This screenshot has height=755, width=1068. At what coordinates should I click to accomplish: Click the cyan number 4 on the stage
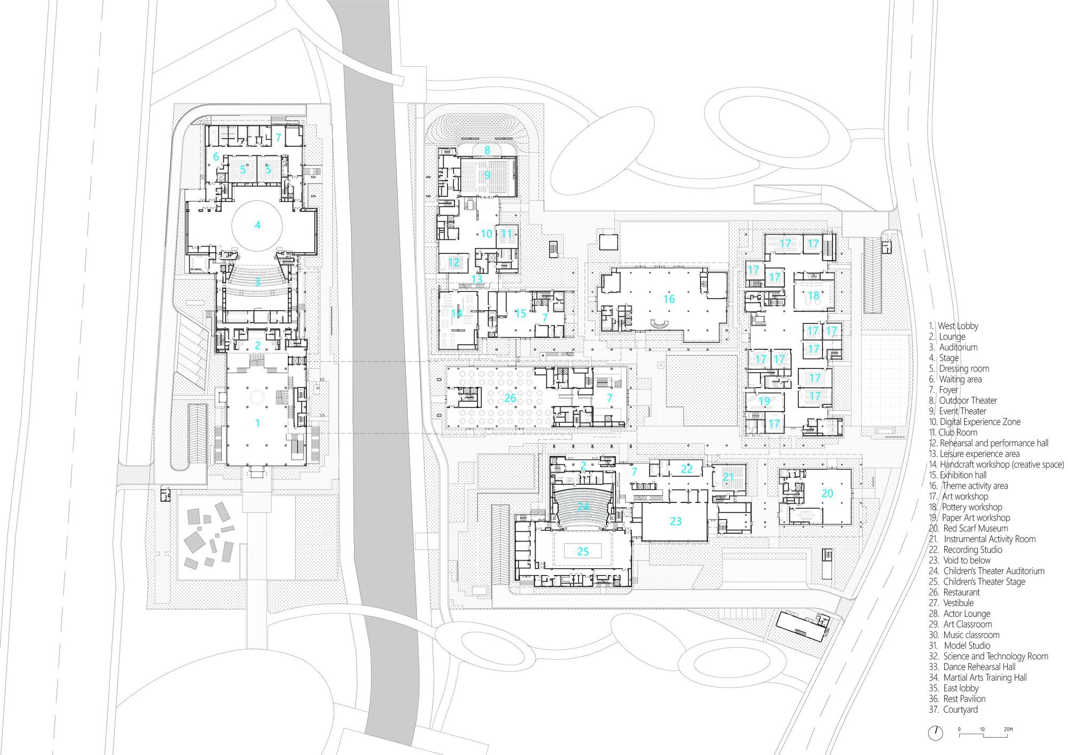coord(257,225)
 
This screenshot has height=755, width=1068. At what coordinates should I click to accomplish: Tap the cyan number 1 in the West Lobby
coord(257,423)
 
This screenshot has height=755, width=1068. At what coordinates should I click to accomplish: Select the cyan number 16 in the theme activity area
coord(669,299)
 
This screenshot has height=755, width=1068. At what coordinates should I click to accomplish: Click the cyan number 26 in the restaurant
coord(510,398)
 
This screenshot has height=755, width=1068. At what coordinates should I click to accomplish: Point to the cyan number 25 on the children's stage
coord(583,551)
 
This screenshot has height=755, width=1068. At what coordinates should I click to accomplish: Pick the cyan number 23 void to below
coord(676,521)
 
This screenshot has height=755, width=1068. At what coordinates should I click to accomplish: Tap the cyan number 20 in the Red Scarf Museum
coord(827,493)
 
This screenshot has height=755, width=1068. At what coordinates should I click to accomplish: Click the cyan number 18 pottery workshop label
coord(813,295)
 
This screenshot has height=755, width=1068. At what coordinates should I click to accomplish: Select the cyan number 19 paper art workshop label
coord(764,401)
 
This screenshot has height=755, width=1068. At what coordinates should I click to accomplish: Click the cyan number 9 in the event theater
coord(487,175)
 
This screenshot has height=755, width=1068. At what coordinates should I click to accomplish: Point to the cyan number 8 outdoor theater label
coord(487,151)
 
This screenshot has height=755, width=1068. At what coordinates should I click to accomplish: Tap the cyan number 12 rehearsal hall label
coord(453,262)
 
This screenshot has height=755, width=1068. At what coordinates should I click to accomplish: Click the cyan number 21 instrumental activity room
coord(728,477)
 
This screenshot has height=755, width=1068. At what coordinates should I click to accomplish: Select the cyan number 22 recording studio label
coord(687,469)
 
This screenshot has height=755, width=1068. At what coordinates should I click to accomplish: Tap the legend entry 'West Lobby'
coord(957,326)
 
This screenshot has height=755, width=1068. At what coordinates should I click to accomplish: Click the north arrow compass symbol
coord(935,733)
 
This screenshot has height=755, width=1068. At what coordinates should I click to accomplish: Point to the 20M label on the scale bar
coord(1008,729)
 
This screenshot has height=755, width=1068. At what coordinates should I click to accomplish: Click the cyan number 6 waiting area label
coord(216,156)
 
